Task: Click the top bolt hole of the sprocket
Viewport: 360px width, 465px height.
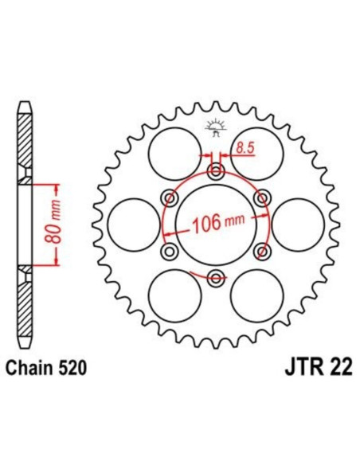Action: (x=215, y=172)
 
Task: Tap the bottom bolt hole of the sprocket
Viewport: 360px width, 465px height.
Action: (x=215, y=278)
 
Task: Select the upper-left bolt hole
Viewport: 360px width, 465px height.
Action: (x=169, y=198)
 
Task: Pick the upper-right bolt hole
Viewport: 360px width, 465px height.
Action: (x=260, y=198)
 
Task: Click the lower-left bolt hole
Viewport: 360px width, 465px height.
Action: (x=169, y=252)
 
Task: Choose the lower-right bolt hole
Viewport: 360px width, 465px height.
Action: (x=260, y=252)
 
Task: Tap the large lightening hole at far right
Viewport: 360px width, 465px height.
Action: (x=299, y=225)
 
